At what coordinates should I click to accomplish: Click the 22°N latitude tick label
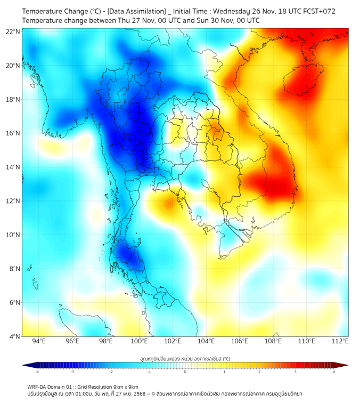click(x=13, y=31)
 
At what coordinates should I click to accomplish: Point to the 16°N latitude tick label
click(x=13, y=133)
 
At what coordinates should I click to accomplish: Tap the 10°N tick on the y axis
click(x=13, y=235)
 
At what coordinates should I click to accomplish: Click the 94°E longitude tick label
click(x=39, y=342)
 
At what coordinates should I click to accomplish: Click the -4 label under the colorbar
click(x=36, y=372)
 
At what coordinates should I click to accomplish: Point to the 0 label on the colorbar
click(x=185, y=372)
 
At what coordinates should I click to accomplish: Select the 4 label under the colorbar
click(x=333, y=372)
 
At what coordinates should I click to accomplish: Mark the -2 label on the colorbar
click(x=111, y=372)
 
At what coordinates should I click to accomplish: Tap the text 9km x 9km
click(x=126, y=386)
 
